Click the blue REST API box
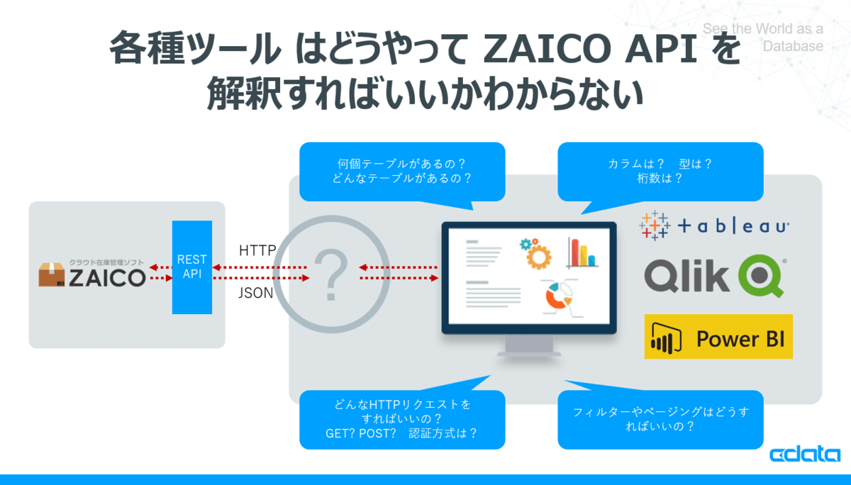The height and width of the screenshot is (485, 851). click(192, 267)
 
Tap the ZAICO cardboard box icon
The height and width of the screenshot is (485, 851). click(52, 274)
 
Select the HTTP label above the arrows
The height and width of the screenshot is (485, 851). click(257, 250)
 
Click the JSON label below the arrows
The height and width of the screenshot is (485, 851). click(256, 293)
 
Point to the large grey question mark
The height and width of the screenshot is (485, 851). click(331, 274)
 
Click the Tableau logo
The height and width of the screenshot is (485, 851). click(714, 226)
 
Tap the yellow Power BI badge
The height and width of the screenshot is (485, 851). click(718, 337)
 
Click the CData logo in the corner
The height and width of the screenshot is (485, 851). click(805, 454)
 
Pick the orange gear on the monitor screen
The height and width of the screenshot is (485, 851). click(538, 257)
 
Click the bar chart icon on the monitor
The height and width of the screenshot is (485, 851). click(582, 252)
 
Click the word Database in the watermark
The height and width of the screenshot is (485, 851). click(793, 46)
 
